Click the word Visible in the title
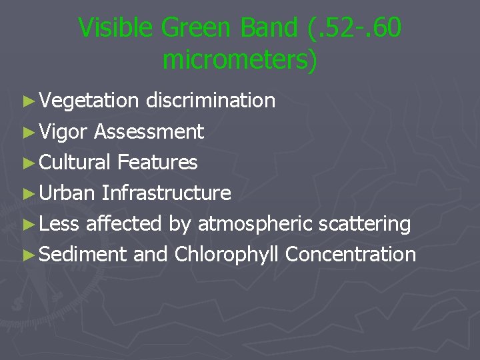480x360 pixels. point(117,28)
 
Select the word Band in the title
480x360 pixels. point(272,28)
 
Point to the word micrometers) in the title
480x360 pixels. point(240,60)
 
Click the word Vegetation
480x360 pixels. point(89,101)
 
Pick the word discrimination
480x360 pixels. point(210,101)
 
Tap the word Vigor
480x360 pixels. point(63,132)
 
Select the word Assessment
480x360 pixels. point(149,132)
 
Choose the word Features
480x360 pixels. point(157,162)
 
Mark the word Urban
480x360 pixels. point(67,193)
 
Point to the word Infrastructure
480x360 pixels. point(166,193)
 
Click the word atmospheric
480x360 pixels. point(255,224)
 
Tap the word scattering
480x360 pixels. point(364,224)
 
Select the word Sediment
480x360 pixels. point(83,254)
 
